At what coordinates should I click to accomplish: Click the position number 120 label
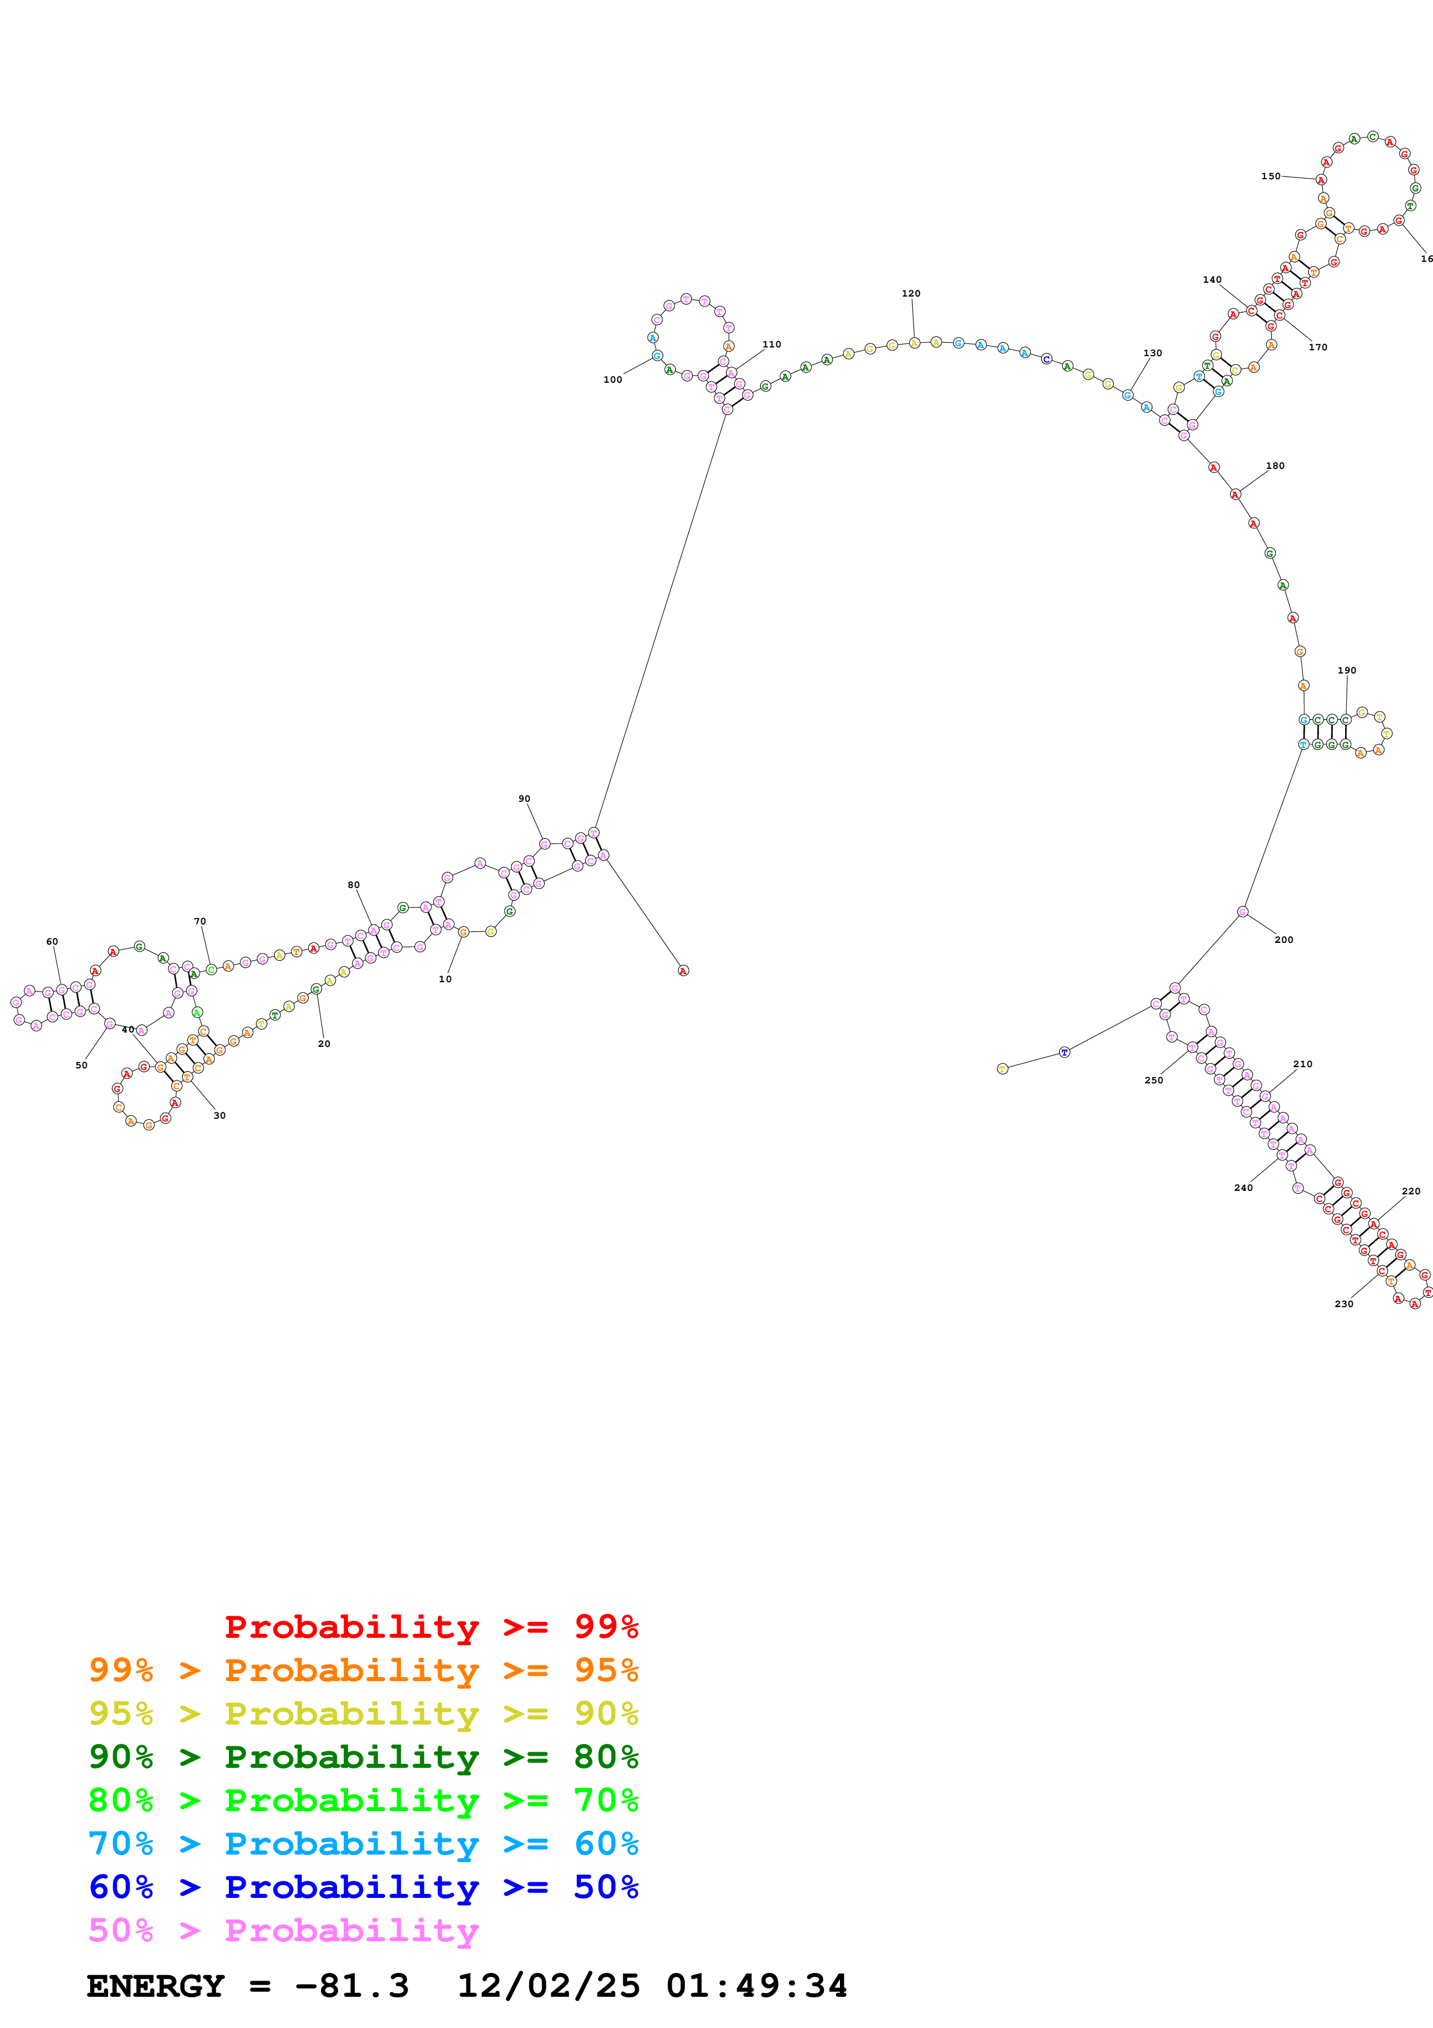[910, 293]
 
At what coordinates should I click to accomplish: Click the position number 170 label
[1317, 347]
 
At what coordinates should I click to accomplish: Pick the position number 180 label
[1275, 465]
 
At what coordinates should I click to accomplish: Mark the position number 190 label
[1346, 671]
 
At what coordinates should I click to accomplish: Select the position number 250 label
[1153, 1080]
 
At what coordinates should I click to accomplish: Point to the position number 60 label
[52, 942]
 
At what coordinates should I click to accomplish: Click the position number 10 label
[445, 979]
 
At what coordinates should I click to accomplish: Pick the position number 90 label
[524, 798]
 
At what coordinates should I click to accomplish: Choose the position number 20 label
[324, 1044]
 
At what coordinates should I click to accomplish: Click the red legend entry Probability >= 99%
[431, 1626]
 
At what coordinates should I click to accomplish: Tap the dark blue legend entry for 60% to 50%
[363, 1887]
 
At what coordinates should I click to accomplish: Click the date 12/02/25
[547, 1986]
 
